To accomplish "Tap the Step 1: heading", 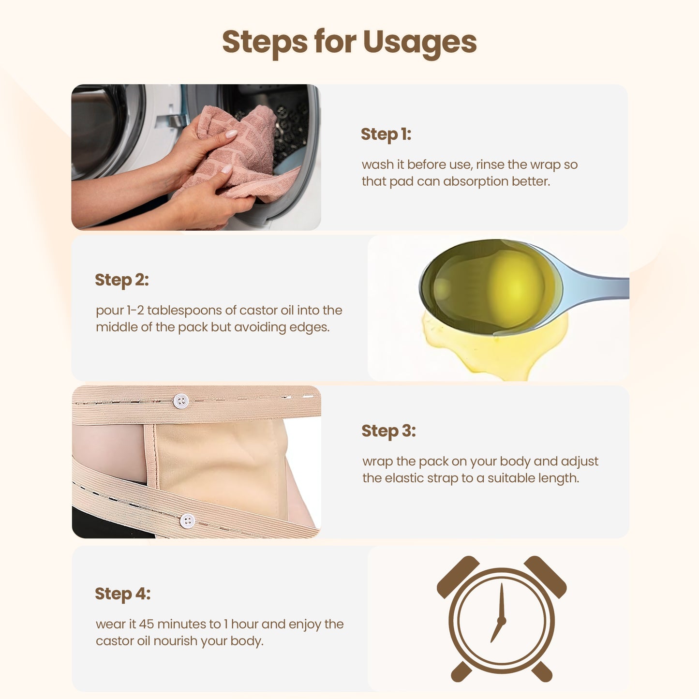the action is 386,134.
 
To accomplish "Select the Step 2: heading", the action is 122,280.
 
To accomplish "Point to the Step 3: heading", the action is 388,431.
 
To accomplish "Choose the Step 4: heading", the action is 122,594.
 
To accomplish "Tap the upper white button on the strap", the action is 181,401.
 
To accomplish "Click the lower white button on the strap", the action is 188,521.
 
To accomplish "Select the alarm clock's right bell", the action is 545,577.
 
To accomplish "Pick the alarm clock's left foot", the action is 461,671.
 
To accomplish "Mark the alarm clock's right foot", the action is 542,671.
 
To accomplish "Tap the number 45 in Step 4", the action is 147,624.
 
